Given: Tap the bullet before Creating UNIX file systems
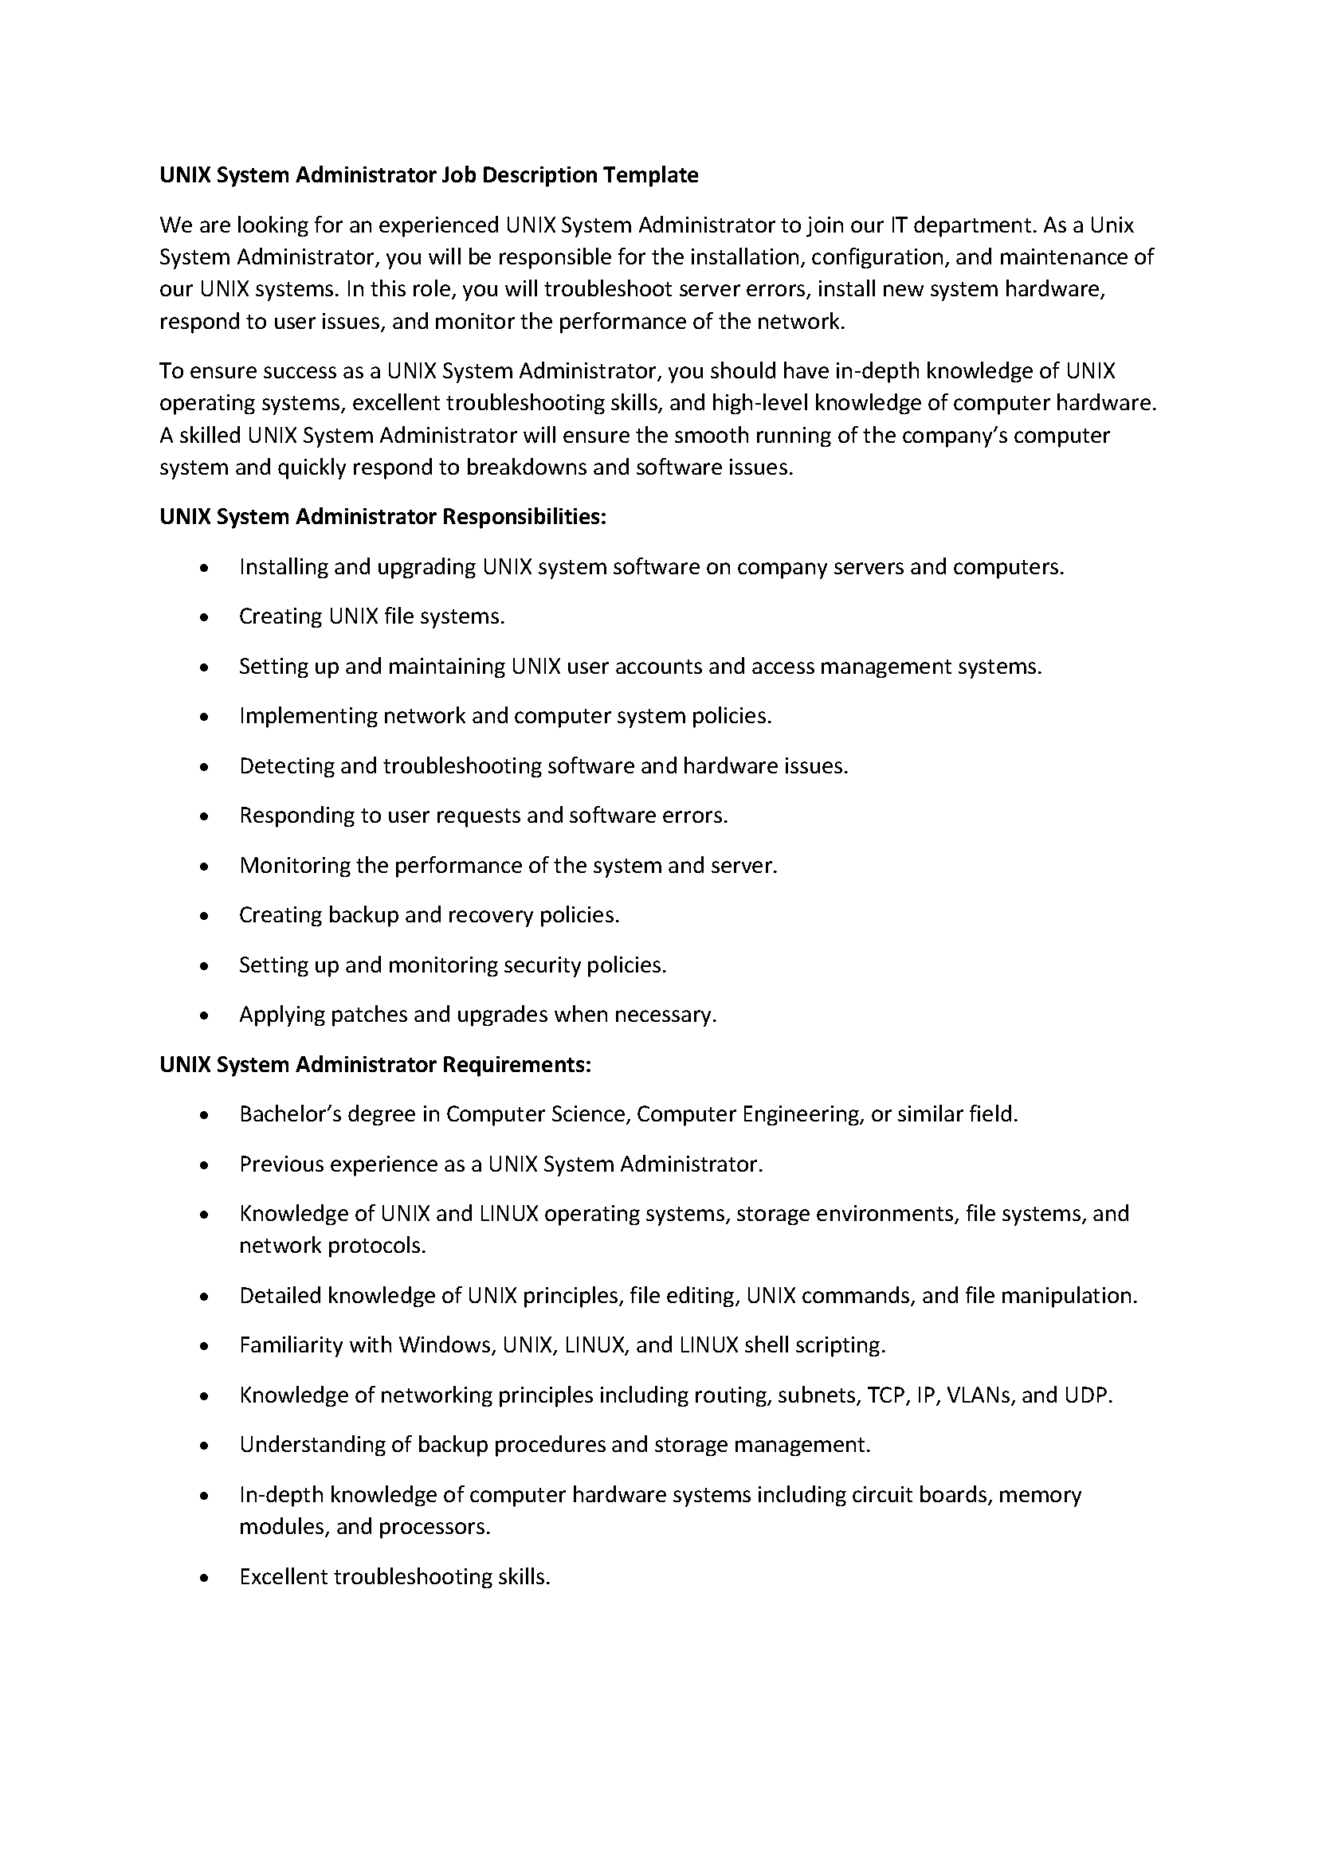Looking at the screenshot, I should click(x=205, y=618).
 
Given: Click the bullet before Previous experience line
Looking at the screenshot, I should click(x=205, y=1166).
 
